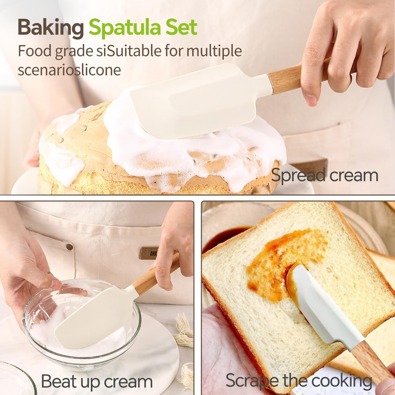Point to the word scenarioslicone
point(69,70)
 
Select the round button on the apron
point(70,247)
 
